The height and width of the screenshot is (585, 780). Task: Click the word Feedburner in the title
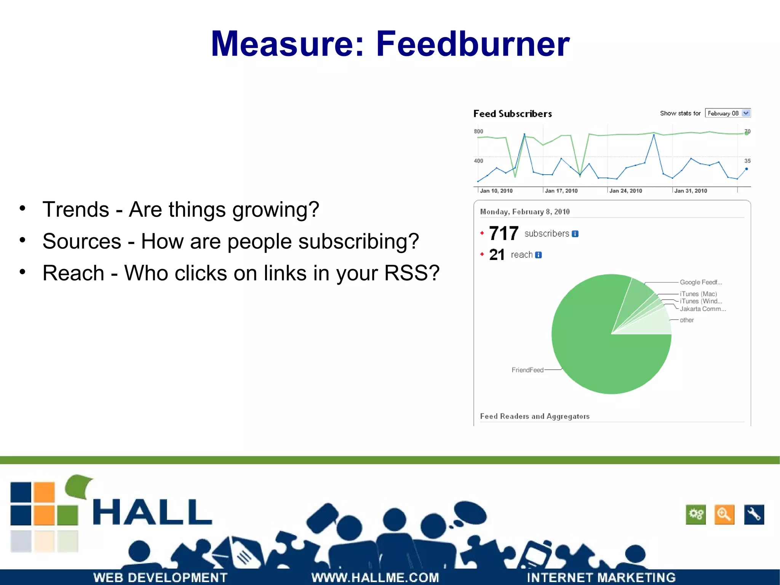click(472, 44)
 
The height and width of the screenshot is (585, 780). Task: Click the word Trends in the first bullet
click(76, 210)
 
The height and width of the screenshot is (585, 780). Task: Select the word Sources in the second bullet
click(82, 241)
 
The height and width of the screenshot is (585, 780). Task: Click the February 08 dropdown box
click(727, 113)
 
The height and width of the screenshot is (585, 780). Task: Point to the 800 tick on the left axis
click(478, 131)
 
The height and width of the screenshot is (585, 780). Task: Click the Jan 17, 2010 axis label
click(561, 191)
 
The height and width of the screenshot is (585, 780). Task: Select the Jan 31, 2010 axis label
click(690, 191)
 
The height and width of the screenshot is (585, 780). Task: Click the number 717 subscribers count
click(503, 233)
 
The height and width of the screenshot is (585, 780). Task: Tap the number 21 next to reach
click(497, 255)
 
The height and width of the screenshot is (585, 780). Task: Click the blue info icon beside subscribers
click(575, 234)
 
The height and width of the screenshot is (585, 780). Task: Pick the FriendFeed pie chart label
click(527, 370)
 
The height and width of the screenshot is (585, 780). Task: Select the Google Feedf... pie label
click(701, 282)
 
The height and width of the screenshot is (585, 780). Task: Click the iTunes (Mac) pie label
click(698, 294)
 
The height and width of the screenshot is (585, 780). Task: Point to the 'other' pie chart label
click(687, 320)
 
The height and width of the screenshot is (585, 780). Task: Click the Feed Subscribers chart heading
click(512, 114)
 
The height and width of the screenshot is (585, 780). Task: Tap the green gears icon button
click(695, 514)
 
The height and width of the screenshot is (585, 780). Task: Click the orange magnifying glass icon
click(724, 514)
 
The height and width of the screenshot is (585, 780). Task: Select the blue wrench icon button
click(754, 514)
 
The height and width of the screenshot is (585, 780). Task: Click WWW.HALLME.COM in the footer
click(375, 577)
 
